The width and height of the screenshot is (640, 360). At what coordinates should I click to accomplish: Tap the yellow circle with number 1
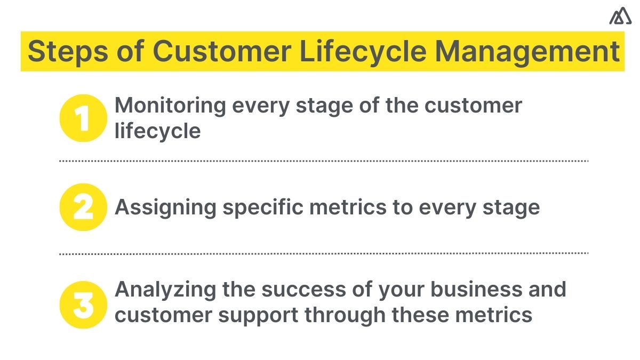pos(83,118)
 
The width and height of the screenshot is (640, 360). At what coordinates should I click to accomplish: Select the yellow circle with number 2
pos(83,207)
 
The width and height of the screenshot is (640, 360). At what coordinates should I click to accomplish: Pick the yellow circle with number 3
pos(83,305)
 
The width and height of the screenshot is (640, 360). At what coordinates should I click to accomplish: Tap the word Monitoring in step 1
pos(170,106)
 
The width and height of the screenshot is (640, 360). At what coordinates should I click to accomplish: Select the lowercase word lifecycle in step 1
pos(158,131)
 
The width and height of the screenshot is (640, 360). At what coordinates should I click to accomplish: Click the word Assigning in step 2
pos(165,207)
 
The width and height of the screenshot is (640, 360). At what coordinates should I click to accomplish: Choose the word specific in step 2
pos(263,207)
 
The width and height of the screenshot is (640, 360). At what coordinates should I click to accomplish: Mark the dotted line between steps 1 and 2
pos(323,161)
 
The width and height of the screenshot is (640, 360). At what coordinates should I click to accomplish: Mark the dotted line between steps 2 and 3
pos(323,254)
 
